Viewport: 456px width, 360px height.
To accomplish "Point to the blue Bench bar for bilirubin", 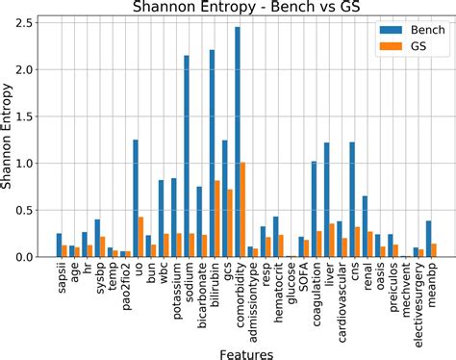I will coord(212,154).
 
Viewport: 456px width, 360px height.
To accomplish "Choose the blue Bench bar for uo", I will coord(136,198).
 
